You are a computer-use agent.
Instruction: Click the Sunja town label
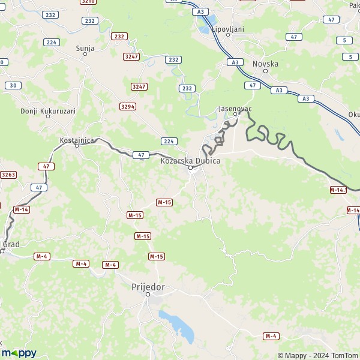(x=85, y=47)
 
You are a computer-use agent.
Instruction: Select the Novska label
(x=266, y=63)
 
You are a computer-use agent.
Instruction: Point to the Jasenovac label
(x=235, y=109)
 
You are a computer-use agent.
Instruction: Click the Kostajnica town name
(x=77, y=140)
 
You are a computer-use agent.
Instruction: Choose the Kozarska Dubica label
(x=191, y=161)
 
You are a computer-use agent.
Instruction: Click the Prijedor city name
(x=148, y=287)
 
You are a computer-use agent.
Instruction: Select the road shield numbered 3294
(x=127, y=106)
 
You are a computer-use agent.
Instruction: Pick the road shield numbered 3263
(x=8, y=175)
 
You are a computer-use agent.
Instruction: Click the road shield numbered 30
(x=12, y=85)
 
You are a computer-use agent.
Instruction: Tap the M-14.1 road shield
(x=338, y=190)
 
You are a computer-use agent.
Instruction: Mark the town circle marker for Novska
(x=265, y=71)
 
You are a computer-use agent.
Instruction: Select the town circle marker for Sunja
(x=85, y=54)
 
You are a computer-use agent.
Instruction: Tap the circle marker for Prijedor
(x=148, y=294)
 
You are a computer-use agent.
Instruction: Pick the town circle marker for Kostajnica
(x=77, y=146)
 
